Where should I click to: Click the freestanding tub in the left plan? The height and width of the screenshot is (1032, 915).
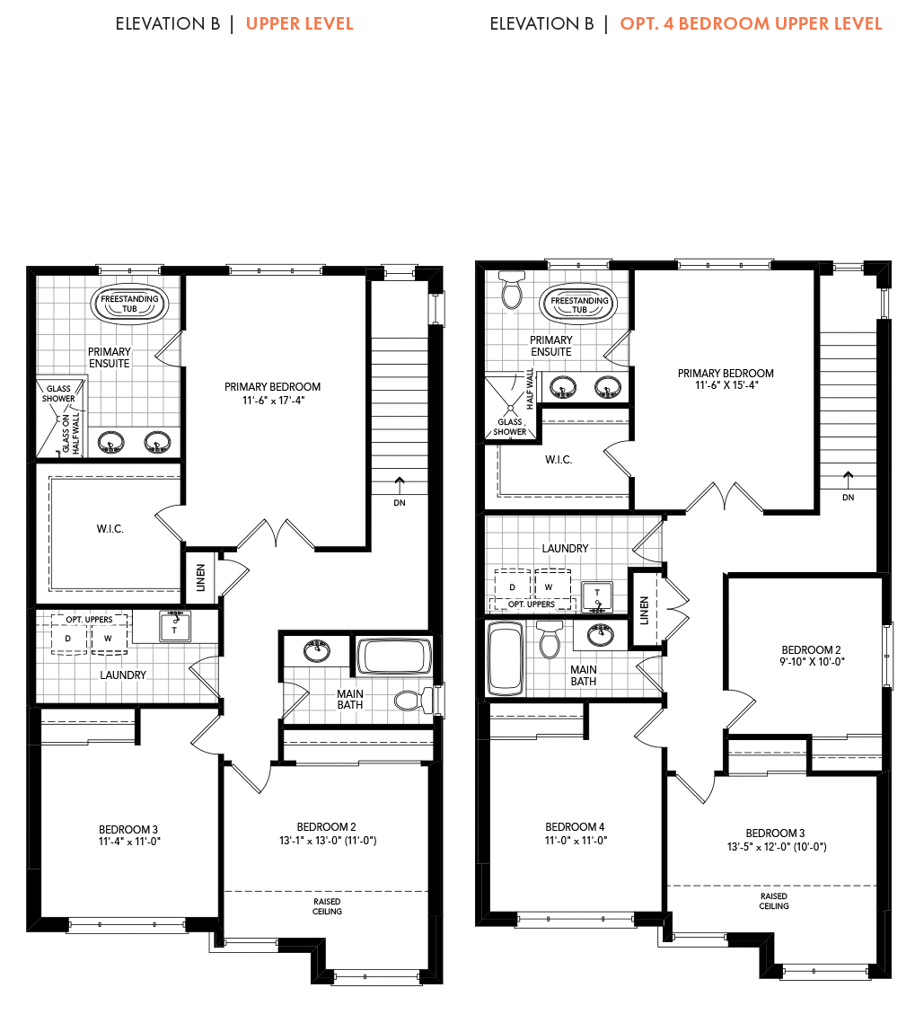pos(129,304)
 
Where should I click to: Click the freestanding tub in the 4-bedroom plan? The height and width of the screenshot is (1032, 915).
pos(579,304)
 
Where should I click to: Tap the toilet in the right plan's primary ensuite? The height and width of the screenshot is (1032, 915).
pos(512,289)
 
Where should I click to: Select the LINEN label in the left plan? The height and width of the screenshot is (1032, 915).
pos(201,578)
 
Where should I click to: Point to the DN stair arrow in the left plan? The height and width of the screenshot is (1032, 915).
pos(400,484)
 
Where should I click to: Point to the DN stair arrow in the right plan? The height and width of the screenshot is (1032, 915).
pos(849,479)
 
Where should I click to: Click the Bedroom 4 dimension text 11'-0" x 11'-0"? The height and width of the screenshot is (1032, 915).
pos(576,841)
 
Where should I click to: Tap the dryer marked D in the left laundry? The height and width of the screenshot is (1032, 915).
pos(69,638)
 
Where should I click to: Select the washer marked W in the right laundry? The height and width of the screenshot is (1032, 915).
pos(551,585)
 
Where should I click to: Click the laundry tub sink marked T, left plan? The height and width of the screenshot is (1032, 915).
pos(175,627)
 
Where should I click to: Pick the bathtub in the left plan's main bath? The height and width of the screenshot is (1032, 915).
pos(394,657)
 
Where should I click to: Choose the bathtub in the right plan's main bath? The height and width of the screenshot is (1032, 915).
pos(506,659)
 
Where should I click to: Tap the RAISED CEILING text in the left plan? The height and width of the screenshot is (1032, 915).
pos(327,906)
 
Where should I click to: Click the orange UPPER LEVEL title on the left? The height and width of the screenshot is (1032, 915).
pos(299,23)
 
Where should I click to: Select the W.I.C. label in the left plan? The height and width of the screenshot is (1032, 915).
pos(110,529)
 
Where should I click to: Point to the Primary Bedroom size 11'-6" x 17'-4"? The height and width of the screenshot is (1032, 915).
pos(273,401)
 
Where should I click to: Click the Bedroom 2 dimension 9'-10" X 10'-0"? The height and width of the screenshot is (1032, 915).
pos(812,662)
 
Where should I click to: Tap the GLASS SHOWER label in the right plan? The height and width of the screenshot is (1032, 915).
pos(510,428)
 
